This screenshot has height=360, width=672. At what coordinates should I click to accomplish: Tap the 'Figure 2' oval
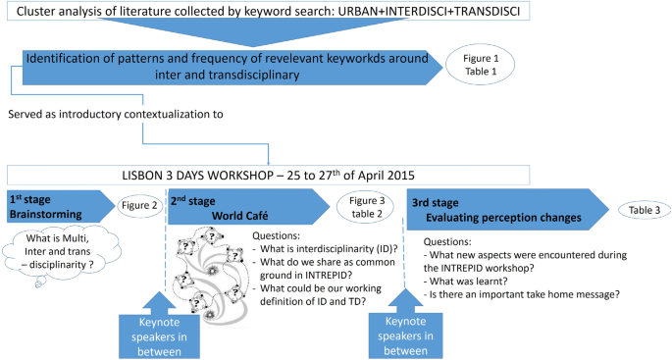139,206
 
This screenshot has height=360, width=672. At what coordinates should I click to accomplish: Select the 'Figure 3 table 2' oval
362,207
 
